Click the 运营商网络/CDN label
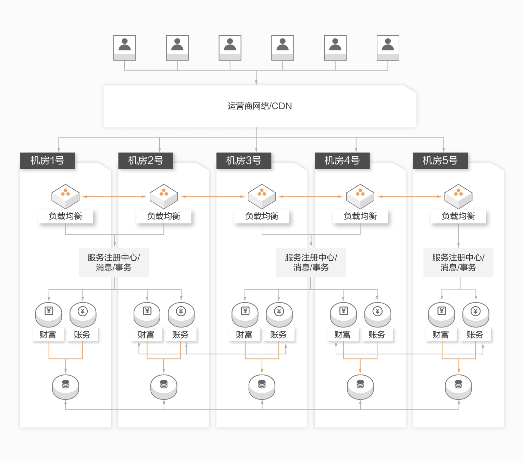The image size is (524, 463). [x=260, y=106]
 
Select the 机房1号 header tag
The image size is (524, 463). [x=47, y=161]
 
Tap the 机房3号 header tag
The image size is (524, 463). [x=244, y=161]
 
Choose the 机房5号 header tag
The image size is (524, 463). [x=440, y=161]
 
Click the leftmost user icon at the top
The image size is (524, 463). [x=125, y=48]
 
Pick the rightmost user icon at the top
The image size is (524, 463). [x=388, y=48]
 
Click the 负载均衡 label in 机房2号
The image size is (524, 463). [x=164, y=216]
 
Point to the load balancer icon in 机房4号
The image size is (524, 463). [x=360, y=196]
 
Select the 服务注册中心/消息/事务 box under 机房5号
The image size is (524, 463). [x=458, y=262]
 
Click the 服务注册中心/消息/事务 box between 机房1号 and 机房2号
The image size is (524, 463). [x=114, y=262]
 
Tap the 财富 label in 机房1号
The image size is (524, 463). [x=48, y=335]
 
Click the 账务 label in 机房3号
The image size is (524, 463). [x=278, y=335]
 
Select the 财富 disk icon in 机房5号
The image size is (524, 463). [x=441, y=314]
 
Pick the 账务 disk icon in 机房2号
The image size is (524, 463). [x=181, y=314]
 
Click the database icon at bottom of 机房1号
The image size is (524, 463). [x=65, y=387]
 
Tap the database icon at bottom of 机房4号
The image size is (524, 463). [x=360, y=387]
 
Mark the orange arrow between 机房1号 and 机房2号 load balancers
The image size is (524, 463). [x=114, y=197]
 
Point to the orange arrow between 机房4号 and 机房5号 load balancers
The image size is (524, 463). [x=410, y=197]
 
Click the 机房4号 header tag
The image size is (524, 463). [x=342, y=161]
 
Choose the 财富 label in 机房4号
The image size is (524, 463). [x=343, y=335]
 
